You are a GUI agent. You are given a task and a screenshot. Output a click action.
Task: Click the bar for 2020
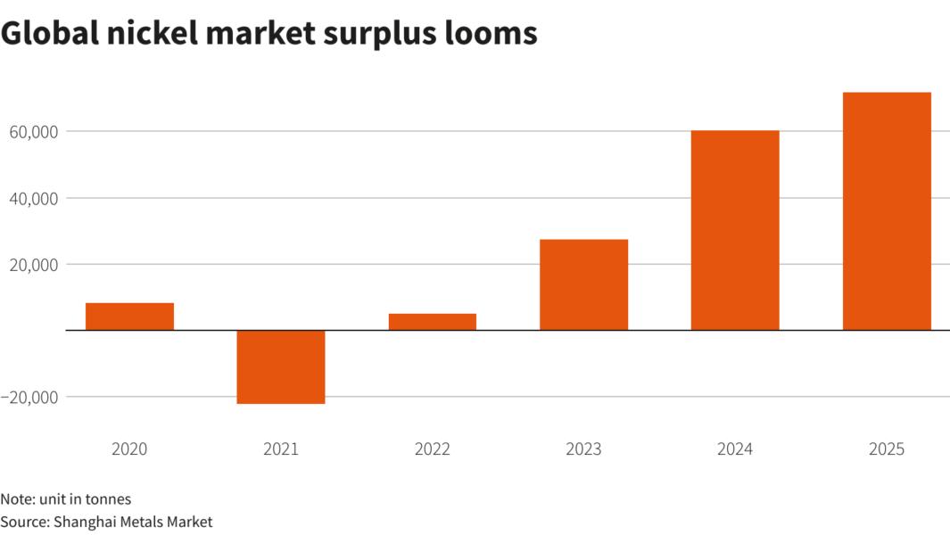pos(129,317)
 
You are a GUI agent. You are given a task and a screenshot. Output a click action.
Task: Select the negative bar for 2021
pos(281,366)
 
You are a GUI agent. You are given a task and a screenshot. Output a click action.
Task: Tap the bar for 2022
pos(433,322)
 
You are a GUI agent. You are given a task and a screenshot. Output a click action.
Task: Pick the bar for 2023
pos(583,284)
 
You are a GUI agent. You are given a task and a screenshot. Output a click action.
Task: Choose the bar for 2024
pos(735,230)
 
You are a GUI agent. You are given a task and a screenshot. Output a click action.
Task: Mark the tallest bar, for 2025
pos(887,211)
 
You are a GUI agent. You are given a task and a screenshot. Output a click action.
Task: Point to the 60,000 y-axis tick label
pos(32,132)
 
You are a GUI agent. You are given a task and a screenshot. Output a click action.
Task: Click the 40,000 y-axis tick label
pos(32,198)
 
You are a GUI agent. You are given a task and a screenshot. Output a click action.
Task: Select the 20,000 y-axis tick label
pos(32,265)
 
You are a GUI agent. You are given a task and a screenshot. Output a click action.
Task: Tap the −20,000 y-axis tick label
pos(29,397)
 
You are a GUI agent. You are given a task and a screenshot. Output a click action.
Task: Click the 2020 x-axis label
pos(129,449)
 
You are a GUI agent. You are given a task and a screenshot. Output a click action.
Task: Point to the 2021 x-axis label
pos(281,449)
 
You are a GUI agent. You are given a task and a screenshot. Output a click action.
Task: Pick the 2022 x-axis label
pos(433,449)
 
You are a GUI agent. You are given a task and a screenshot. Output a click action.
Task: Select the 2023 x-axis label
pos(583,449)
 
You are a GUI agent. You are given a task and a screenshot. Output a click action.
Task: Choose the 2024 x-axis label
pos(735,449)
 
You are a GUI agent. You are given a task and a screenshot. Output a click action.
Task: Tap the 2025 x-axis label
pos(887,449)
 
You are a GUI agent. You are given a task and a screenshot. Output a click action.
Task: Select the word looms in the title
pos(493,32)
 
